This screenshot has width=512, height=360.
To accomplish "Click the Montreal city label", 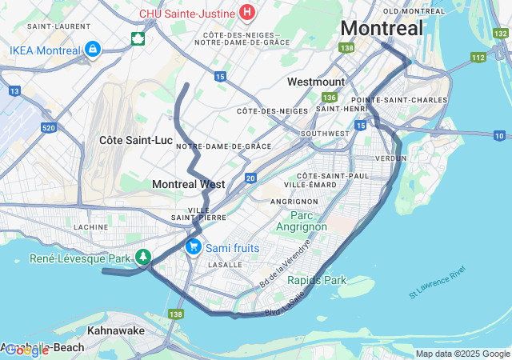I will [382, 28].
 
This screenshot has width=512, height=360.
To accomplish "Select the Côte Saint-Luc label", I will [136, 140].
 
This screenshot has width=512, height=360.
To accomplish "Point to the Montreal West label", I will [189, 184].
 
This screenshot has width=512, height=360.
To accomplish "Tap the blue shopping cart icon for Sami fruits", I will [193, 247].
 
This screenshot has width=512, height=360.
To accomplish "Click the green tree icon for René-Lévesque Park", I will [143, 257].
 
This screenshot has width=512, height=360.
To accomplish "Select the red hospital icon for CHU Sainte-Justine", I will [247, 13].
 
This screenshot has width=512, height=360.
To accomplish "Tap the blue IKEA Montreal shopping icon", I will [93, 50].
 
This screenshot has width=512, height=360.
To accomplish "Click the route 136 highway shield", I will [330, 96].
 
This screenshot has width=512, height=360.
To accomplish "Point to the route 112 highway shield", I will [478, 57].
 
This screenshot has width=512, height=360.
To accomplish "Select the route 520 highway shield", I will [48, 127].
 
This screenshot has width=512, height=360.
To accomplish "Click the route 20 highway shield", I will [250, 178].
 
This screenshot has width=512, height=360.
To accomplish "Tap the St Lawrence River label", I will [437, 284].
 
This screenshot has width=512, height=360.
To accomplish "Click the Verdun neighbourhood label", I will [390, 158].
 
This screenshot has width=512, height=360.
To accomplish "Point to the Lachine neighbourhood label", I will [90, 226].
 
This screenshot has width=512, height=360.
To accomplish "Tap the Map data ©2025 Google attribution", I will [462, 354].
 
